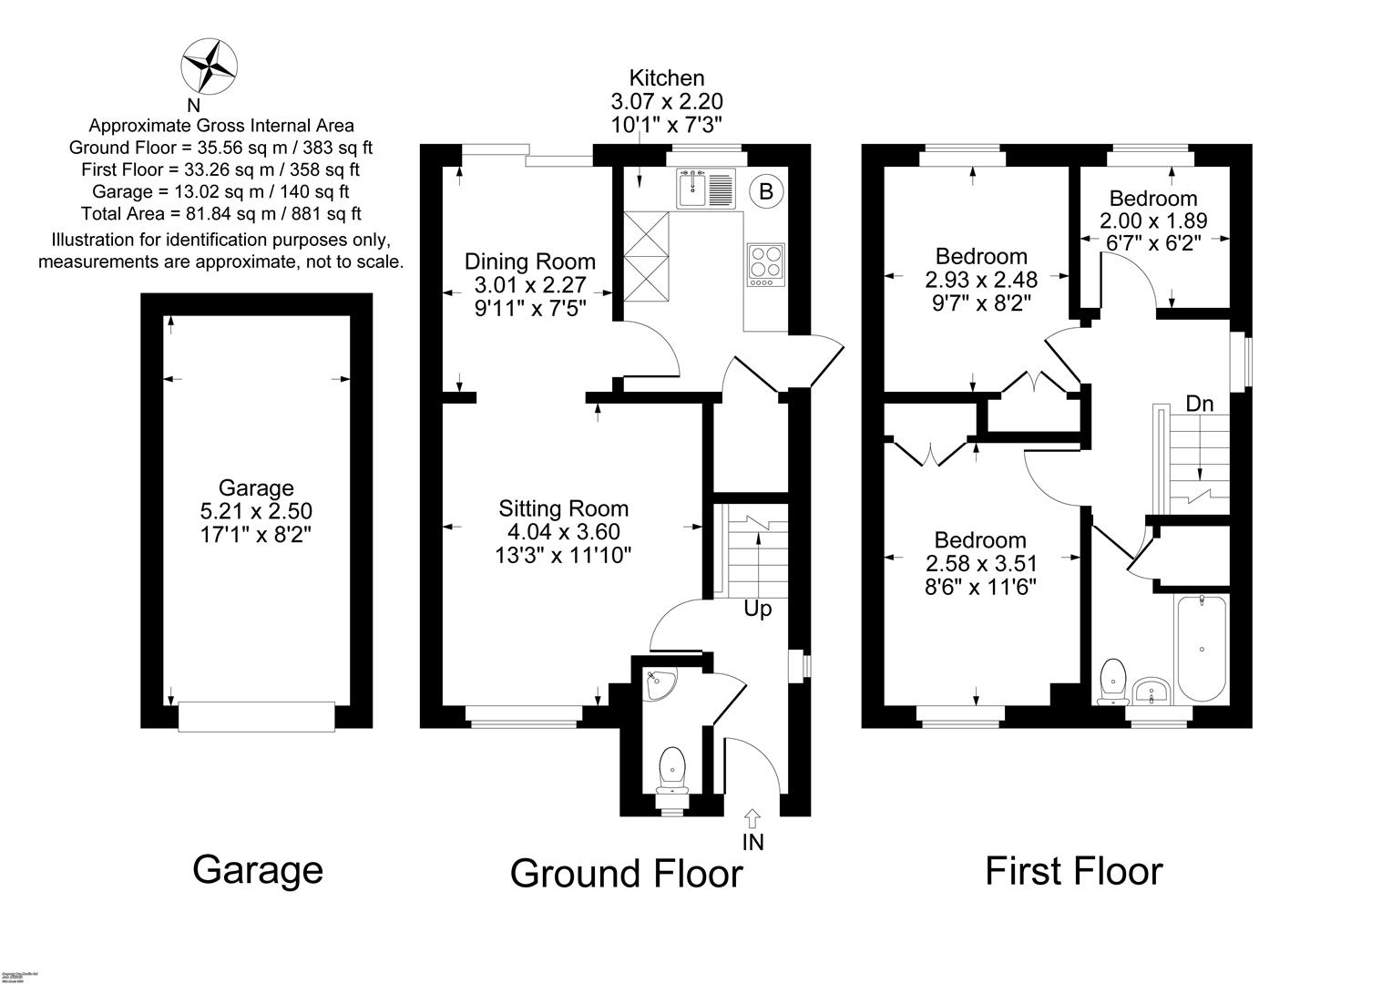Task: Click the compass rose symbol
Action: (x=210, y=67)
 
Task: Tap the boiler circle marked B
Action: (x=766, y=191)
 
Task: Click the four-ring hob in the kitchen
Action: (x=765, y=264)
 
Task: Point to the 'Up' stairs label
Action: (x=757, y=609)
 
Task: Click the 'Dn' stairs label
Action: (x=1199, y=403)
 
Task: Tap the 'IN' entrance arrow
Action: (x=752, y=817)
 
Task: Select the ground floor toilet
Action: (x=672, y=771)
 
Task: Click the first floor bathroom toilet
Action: (x=1112, y=682)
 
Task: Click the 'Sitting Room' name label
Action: (x=563, y=508)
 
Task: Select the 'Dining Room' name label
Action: (x=529, y=262)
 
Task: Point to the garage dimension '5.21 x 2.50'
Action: (x=256, y=511)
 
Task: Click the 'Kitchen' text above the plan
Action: (x=667, y=78)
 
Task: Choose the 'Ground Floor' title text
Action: (x=626, y=873)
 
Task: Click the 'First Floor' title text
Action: (x=1073, y=871)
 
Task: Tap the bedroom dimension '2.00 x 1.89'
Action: (x=1152, y=220)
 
